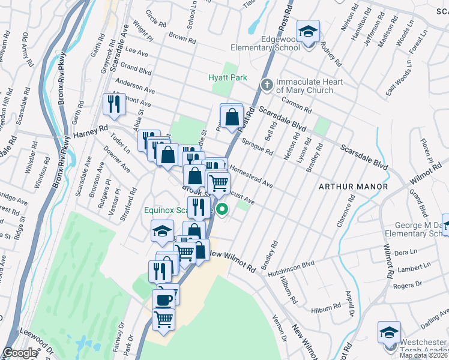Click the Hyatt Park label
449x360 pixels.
click(228, 78)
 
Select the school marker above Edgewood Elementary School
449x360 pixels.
click(309, 32)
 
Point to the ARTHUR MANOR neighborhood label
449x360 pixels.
click(353, 187)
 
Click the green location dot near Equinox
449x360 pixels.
click(222, 210)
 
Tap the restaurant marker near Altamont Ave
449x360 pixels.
click(112, 104)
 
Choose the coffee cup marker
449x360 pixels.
click(163, 299)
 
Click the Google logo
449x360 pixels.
click(20, 353)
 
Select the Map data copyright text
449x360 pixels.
click(424, 355)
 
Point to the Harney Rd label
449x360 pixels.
click(90, 128)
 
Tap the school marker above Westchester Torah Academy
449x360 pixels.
click(389, 332)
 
